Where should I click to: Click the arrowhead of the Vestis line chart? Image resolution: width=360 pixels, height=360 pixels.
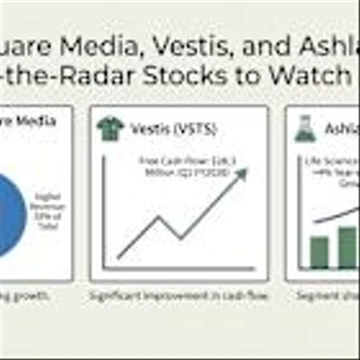point(240,174)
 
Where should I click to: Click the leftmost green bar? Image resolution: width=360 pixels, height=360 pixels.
point(319,251)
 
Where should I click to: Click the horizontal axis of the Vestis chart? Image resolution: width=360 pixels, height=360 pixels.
point(180,270)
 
